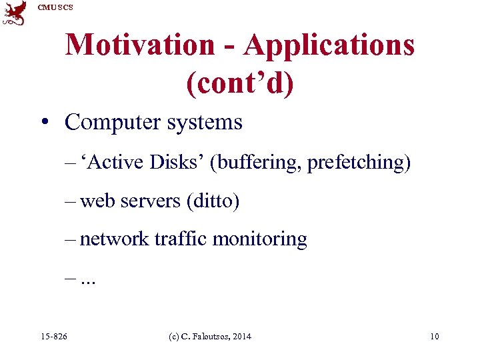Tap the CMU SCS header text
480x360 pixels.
(x=55, y=7)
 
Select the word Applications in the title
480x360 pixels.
(x=329, y=45)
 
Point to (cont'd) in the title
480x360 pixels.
(x=240, y=83)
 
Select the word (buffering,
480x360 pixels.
(x=257, y=162)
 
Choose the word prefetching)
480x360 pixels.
(x=359, y=162)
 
